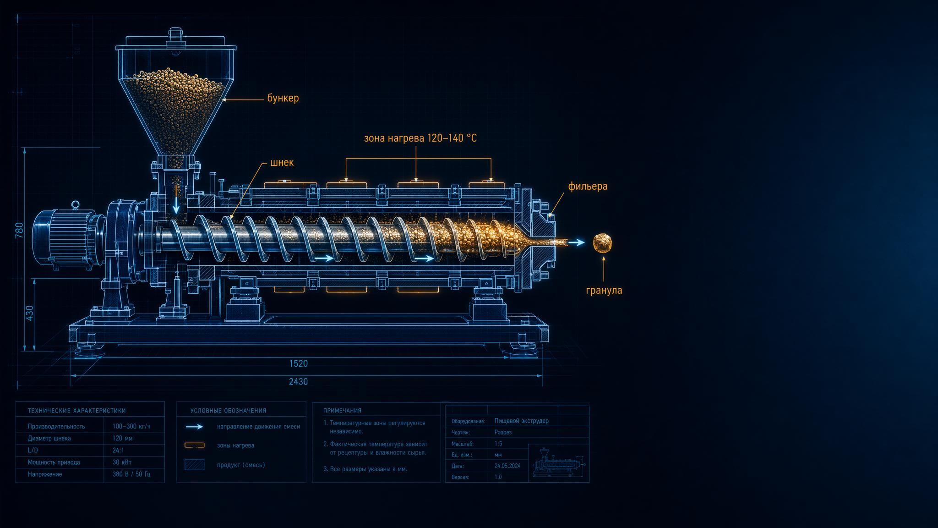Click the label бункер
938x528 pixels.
click(x=283, y=98)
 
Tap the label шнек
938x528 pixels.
click(x=282, y=163)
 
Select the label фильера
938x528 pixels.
click(x=588, y=187)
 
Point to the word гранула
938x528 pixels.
click(x=604, y=290)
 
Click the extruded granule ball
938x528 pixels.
click(x=603, y=243)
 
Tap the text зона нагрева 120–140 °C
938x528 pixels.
click(x=420, y=138)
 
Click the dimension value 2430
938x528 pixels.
click(x=298, y=382)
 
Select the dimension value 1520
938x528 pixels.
click(x=299, y=364)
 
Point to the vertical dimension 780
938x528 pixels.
click(x=20, y=231)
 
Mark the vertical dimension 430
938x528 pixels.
click(x=30, y=313)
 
